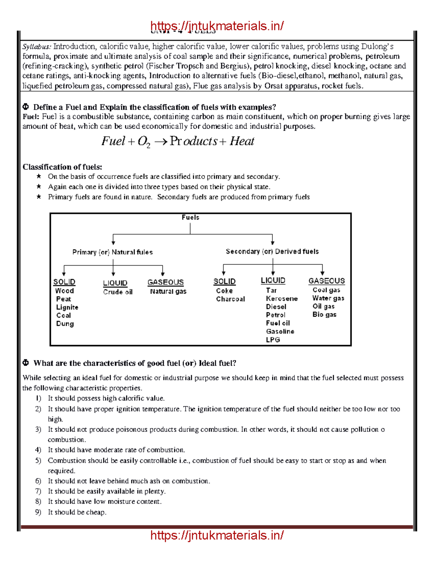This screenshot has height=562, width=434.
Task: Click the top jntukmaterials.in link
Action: point(217,26)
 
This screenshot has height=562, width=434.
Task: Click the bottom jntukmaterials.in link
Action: point(217,535)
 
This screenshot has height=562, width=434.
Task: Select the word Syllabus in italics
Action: point(37,47)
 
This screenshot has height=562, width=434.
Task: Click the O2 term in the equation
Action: point(144,142)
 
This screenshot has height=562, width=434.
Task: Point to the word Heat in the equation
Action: point(242,141)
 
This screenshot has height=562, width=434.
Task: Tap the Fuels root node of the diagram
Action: point(190,217)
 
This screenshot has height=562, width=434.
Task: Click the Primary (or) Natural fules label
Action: point(112,252)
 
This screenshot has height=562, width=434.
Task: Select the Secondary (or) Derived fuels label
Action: point(272,252)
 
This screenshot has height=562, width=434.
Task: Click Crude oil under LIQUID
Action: point(118,292)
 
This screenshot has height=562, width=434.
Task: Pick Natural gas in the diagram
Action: point(168,291)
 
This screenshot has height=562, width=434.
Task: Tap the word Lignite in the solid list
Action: point(67,307)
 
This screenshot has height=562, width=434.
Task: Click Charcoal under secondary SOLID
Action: point(230,299)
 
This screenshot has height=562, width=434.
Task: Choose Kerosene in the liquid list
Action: point(282,299)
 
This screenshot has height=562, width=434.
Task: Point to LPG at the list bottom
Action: point(273,340)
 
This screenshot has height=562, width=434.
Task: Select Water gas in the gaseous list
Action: point(328,298)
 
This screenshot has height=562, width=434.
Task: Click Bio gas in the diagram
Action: point(324,314)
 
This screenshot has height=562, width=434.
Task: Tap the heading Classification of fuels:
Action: point(62,167)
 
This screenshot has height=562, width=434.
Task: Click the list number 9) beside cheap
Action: point(38,512)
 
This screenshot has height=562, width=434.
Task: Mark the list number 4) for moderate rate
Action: point(38,450)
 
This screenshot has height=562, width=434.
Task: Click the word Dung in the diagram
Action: point(65,324)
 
